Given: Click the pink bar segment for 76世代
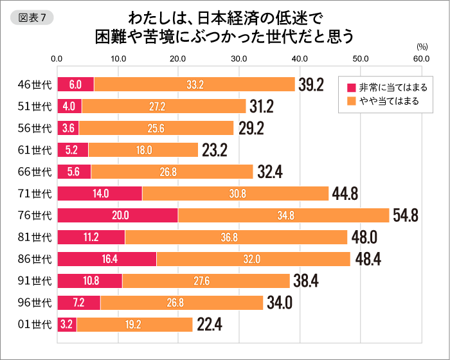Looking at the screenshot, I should [x=118, y=215].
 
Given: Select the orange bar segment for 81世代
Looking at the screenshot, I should [x=236, y=237].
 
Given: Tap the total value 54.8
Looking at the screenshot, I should [x=406, y=215].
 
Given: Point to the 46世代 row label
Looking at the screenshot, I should [x=35, y=84].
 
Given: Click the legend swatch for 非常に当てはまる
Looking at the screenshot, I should [x=351, y=87].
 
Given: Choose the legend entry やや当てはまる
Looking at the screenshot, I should [x=388, y=101].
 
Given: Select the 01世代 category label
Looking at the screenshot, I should [x=35, y=325].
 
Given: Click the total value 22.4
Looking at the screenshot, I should [x=210, y=325].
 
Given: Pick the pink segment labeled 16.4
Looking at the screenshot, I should [x=107, y=259].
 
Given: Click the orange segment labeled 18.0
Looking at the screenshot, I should [x=143, y=150].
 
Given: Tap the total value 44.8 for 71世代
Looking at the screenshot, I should [x=345, y=194].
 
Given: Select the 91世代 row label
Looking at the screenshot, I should [x=35, y=281].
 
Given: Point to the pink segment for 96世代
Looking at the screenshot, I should [x=78, y=303].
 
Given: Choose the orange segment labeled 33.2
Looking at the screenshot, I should [x=194, y=84].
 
